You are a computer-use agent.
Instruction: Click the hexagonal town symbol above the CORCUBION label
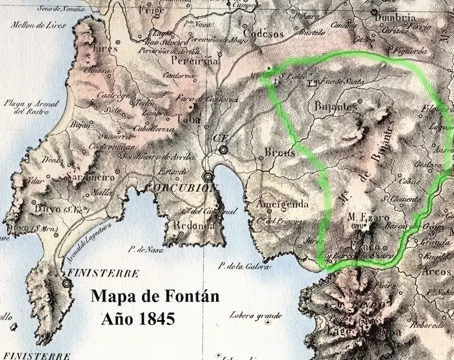click(208, 175)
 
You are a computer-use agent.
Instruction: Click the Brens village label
click(279, 152)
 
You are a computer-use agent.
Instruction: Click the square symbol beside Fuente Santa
click(313, 83)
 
